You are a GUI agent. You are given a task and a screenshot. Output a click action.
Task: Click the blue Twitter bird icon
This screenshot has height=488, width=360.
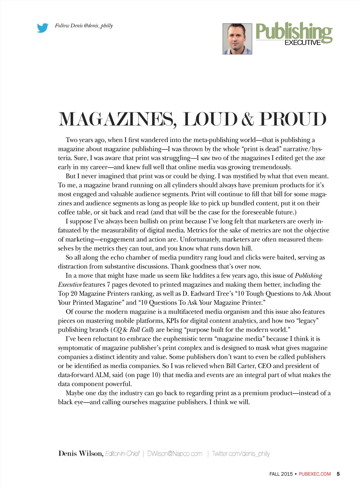pyautogui.click(x=43, y=28)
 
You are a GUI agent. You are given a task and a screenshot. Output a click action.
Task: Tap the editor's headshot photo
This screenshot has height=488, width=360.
pyautogui.click(x=237, y=39)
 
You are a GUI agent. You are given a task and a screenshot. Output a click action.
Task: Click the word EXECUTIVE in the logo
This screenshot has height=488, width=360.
pyautogui.click(x=302, y=43)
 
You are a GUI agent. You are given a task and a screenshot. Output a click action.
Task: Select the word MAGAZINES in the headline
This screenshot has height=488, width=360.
pyautogui.click(x=116, y=119)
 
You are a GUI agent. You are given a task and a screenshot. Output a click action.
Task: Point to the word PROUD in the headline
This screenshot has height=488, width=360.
pyautogui.click(x=292, y=119)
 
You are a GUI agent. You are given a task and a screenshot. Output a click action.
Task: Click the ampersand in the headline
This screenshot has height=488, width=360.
pyautogui.click(x=247, y=119)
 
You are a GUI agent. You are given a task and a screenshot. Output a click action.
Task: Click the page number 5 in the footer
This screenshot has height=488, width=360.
pyautogui.click(x=338, y=474)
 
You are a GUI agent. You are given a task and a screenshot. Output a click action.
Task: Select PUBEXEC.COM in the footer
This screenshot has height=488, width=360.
pyautogui.click(x=315, y=474)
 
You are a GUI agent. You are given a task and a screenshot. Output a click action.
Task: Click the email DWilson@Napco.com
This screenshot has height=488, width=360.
pyautogui.click(x=175, y=454)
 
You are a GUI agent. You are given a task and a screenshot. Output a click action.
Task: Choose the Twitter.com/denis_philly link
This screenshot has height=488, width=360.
pyautogui.click(x=241, y=454)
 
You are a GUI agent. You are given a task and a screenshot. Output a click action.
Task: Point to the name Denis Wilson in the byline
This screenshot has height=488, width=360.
pyautogui.click(x=81, y=454)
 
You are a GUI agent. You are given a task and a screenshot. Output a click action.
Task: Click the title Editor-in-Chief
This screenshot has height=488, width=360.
pyautogui.click(x=122, y=454)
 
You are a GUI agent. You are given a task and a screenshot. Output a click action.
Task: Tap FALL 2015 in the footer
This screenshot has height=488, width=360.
pyautogui.click(x=281, y=474)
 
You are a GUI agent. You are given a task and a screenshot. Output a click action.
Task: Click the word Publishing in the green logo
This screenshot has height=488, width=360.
pyautogui.click(x=294, y=32)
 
